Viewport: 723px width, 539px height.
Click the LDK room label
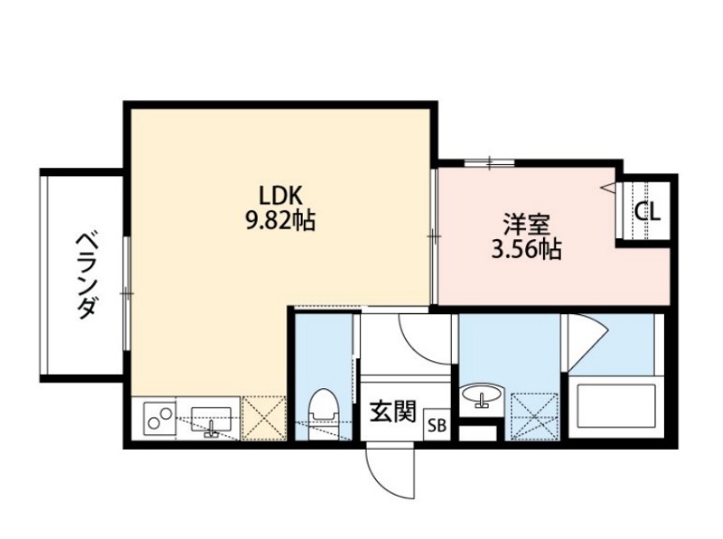280,196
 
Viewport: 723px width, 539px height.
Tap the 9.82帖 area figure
280,220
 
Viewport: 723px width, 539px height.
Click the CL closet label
647,212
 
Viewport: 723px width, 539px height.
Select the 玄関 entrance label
393,412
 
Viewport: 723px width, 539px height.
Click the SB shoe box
437,424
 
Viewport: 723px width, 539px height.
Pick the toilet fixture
324,414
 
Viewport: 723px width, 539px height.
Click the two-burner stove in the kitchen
160,418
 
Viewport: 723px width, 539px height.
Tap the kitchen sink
211,420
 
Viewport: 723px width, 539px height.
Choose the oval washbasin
482,395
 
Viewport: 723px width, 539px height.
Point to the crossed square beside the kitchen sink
264,418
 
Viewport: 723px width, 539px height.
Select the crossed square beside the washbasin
534,416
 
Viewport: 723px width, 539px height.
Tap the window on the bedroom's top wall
489,163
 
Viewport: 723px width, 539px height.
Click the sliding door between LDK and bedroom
434,237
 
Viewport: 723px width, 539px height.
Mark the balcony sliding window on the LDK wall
127,293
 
